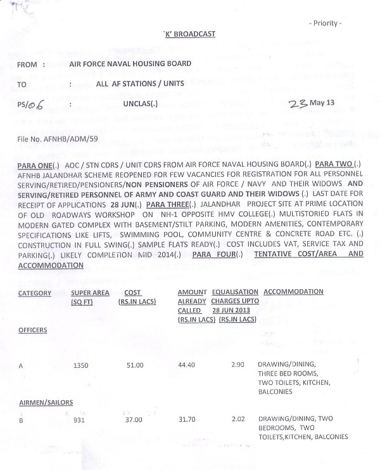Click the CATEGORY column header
click(x=35, y=292)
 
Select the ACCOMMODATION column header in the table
click(x=293, y=292)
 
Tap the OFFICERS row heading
click(x=33, y=330)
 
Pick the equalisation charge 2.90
click(x=238, y=365)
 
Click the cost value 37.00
click(x=136, y=419)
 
